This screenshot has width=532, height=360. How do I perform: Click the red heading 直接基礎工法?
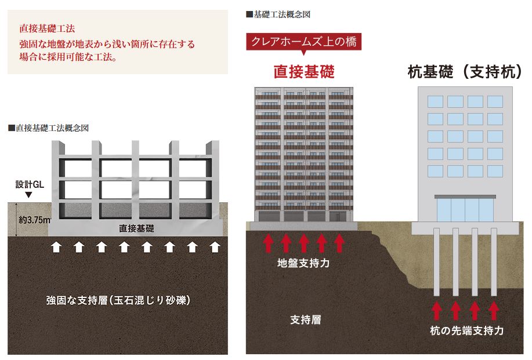click(x=47, y=28)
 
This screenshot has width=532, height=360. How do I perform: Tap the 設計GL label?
click(x=30, y=184)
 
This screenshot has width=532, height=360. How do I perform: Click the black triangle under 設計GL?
click(x=29, y=195)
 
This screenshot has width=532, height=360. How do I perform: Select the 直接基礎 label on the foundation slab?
click(x=136, y=228)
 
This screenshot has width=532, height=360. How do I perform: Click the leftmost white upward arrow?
click(x=56, y=247)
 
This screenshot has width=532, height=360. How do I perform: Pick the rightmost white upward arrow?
click(x=215, y=247)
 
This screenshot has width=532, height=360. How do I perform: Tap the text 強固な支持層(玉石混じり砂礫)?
click(x=118, y=300)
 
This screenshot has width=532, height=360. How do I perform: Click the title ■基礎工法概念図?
click(x=278, y=14)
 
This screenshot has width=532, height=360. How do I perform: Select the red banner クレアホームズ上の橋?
click(x=303, y=42)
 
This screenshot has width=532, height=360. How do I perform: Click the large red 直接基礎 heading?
click(x=304, y=71)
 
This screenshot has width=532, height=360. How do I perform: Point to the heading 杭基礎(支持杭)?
click(x=465, y=71)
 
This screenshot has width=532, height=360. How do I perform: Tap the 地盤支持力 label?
click(x=303, y=263)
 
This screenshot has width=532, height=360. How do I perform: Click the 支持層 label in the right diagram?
click(x=305, y=319)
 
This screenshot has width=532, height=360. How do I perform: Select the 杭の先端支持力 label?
click(x=466, y=330)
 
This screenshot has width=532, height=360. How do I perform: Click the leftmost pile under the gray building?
click(x=436, y=261)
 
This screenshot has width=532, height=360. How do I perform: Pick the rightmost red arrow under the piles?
click(x=494, y=311)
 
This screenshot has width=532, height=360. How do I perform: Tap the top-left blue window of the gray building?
click(x=435, y=101)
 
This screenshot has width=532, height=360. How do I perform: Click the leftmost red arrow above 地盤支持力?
click(x=269, y=243)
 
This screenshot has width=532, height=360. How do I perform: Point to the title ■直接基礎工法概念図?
click(x=49, y=128)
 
